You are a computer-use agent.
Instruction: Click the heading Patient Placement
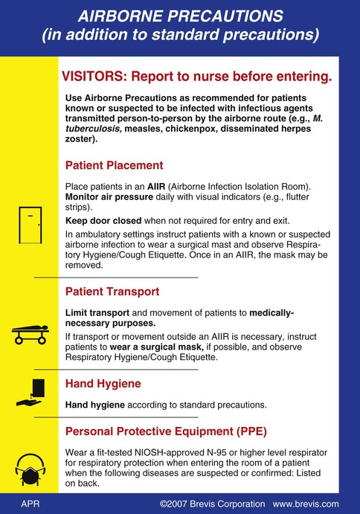pyautogui.click(x=115, y=165)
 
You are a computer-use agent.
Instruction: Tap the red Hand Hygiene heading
pyautogui.click(x=103, y=384)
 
